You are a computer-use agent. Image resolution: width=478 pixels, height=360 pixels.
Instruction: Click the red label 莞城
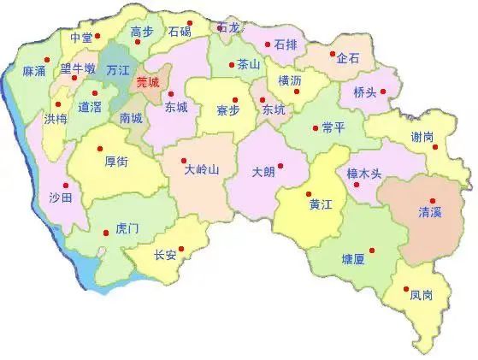[x=147, y=83]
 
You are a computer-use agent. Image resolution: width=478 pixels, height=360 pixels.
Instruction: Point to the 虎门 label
[x=127, y=229]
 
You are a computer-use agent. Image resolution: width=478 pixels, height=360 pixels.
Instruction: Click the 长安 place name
[x=165, y=255]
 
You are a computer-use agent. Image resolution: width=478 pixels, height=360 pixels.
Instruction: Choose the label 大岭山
[x=203, y=169]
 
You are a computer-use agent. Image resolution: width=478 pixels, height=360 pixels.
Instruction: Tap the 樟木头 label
[x=363, y=174]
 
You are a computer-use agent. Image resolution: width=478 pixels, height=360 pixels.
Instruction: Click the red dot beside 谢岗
[x=435, y=147]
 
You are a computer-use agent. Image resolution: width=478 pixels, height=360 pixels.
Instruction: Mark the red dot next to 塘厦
[x=369, y=249]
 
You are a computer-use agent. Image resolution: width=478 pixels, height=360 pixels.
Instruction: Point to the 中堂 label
[x=81, y=38]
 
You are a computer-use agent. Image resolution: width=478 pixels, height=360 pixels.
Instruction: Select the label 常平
[x=333, y=127]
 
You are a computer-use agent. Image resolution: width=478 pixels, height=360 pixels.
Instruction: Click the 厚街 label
[x=117, y=160]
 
